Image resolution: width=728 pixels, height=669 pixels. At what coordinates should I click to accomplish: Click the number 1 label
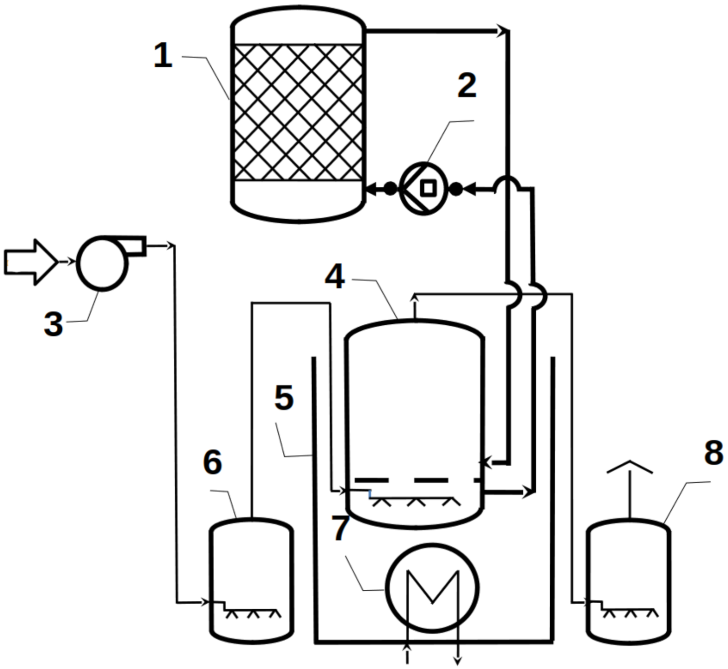163,56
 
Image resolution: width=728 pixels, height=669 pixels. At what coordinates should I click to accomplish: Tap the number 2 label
467,86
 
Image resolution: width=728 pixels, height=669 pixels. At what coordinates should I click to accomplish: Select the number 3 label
53,324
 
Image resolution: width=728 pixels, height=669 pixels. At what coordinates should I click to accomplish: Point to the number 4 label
335,276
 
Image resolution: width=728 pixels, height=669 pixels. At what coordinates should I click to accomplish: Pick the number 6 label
213,462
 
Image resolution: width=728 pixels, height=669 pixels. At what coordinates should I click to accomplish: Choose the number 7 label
341,528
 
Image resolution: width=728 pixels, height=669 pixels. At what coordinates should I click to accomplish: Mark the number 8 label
714,453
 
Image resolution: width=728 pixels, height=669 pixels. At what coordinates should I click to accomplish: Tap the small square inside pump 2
428,188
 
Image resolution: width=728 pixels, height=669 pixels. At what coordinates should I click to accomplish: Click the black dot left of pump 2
390,189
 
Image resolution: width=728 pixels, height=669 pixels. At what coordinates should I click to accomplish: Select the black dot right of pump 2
456,189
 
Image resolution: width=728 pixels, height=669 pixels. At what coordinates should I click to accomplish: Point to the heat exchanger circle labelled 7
432,588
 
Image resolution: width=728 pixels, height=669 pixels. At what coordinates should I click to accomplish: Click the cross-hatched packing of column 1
298,112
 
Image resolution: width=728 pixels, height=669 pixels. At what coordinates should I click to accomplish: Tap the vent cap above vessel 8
629,467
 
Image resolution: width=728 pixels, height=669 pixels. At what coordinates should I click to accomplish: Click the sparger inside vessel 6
251,611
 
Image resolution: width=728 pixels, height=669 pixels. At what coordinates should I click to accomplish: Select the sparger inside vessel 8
629,611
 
